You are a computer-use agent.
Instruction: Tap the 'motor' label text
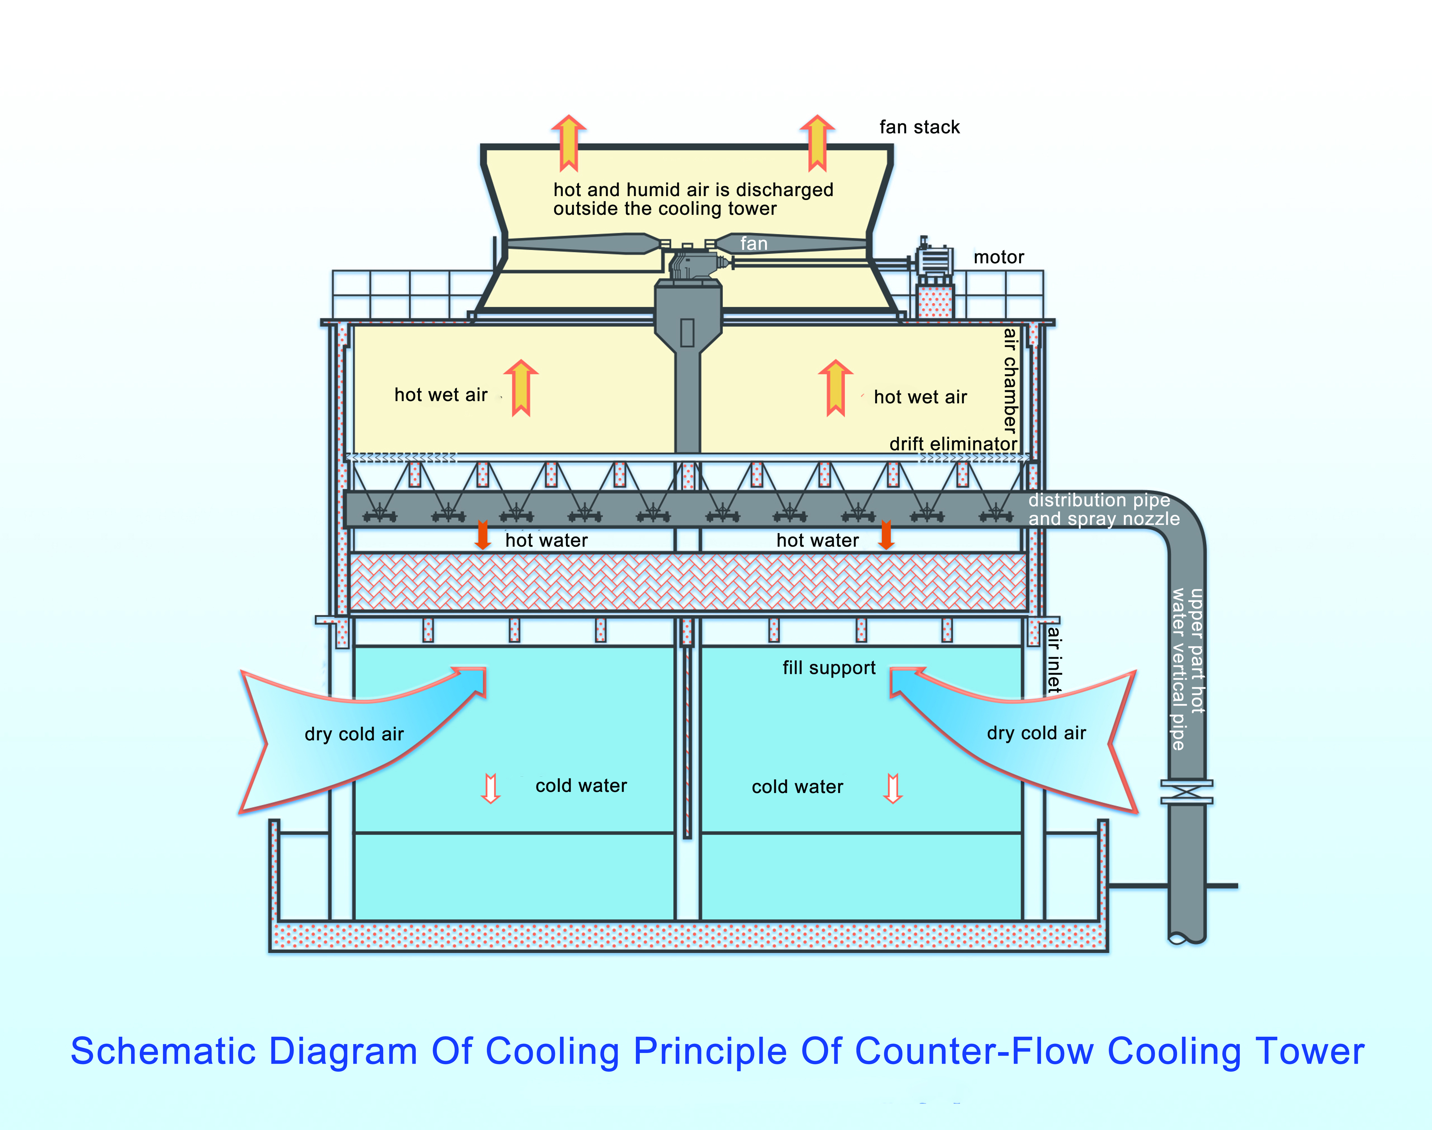tap(998, 257)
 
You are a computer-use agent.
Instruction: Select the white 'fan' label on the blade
tap(753, 244)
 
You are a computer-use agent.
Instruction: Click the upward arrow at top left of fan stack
tap(568, 142)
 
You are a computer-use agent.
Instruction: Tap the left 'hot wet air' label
tap(441, 395)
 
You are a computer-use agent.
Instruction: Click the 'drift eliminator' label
tap(952, 444)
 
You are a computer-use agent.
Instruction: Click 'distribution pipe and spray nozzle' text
tap(1103, 510)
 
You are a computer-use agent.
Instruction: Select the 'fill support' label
tap(829, 668)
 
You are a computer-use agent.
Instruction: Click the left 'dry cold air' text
tap(354, 734)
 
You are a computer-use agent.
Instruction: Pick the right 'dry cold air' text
tap(1036, 733)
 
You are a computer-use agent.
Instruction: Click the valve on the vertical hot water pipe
tap(1187, 792)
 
